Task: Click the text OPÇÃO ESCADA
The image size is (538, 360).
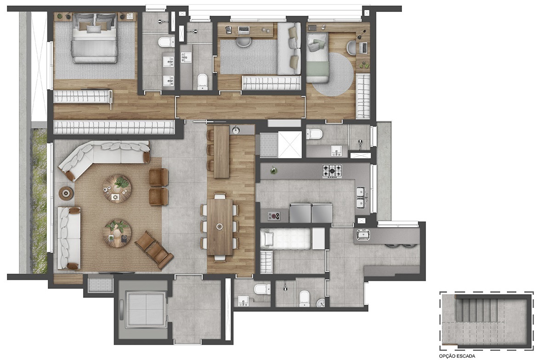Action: click(457, 356)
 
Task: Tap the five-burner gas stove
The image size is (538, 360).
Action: click(332, 171)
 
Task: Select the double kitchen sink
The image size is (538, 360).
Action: click(360, 198)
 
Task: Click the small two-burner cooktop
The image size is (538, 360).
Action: click(274, 216)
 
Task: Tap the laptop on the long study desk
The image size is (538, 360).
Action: click(243, 30)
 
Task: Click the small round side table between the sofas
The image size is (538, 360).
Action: click(66, 193)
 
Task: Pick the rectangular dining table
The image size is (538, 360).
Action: click(220, 227)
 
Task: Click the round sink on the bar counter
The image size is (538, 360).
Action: click(236, 130)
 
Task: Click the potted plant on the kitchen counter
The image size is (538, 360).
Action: click(273, 170)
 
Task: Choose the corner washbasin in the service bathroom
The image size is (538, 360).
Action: click(321, 303)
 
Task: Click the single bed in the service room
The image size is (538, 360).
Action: click(285, 239)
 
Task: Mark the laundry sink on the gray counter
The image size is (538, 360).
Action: click(362, 235)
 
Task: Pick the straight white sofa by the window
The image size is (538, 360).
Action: click(69, 238)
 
